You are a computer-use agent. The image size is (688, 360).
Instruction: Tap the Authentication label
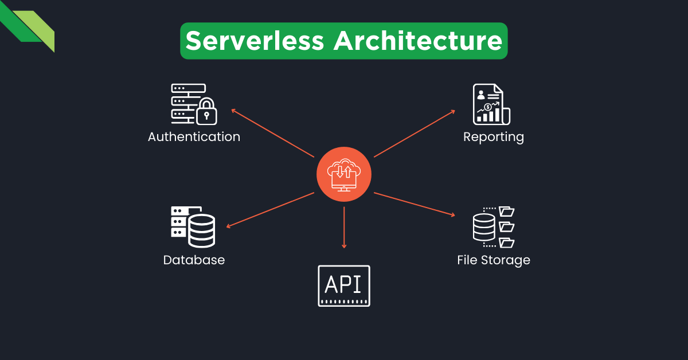(194, 137)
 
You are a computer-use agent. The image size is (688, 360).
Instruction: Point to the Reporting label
(494, 137)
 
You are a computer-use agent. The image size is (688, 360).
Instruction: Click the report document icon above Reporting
(490, 104)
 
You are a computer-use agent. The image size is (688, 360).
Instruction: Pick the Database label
(194, 260)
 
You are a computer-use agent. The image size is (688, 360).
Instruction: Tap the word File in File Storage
(468, 260)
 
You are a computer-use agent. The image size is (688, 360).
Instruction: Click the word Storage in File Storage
(505, 260)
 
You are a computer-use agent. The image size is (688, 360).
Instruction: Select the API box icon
(344, 285)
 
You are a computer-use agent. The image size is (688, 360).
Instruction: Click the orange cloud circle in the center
(344, 174)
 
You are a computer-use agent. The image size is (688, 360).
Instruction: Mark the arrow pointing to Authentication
(272, 133)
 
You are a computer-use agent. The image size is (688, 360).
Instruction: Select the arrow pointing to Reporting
(415, 133)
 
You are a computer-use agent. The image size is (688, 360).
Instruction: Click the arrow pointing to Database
(270, 210)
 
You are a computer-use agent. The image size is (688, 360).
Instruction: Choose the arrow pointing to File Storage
(415, 204)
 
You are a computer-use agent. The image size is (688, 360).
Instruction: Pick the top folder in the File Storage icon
(506, 211)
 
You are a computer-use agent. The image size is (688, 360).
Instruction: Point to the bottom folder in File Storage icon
(506, 242)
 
